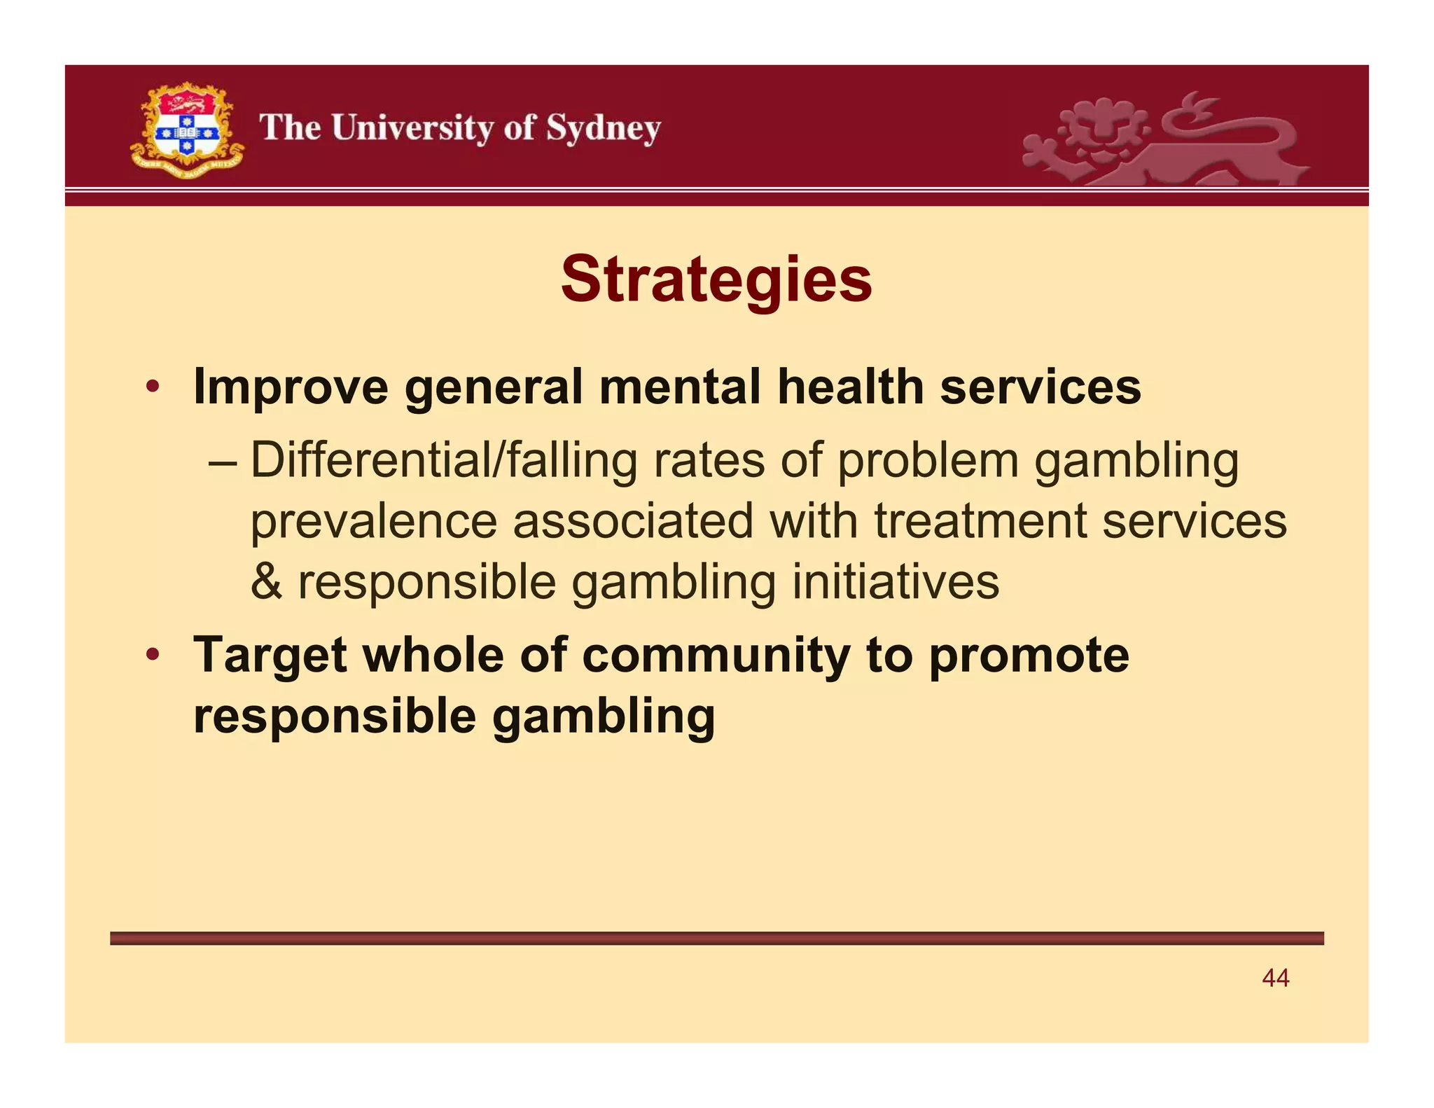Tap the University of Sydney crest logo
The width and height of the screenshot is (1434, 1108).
186,130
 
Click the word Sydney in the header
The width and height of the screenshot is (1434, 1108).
604,129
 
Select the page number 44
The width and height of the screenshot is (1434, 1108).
1275,978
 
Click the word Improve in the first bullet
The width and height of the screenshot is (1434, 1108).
291,387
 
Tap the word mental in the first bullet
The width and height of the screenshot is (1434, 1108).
679,387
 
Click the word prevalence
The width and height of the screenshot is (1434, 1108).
373,521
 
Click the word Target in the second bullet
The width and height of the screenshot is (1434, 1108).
270,656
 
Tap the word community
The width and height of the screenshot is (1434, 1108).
716,656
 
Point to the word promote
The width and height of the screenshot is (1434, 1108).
1029,656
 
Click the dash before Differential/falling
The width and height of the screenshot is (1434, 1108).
223,462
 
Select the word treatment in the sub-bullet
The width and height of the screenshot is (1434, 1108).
980,521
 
